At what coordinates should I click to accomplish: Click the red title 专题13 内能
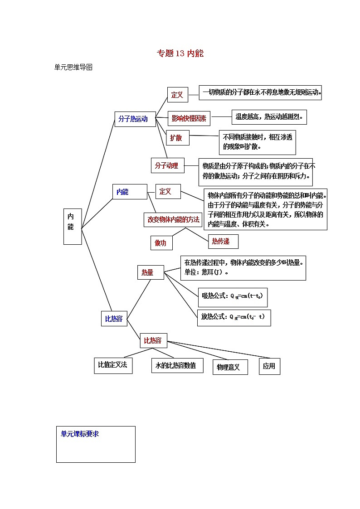click(x=180, y=53)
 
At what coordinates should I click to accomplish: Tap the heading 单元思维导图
click(x=73, y=68)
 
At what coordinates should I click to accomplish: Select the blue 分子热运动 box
click(x=135, y=119)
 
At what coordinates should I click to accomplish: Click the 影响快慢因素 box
click(x=189, y=119)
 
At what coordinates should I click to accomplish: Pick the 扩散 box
click(x=177, y=138)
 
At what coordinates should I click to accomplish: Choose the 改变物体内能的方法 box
click(x=173, y=219)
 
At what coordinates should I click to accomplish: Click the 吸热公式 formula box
click(x=232, y=296)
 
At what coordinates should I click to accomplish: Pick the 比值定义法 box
click(x=113, y=365)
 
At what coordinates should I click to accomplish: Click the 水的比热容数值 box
click(x=177, y=366)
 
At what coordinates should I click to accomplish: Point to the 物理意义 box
click(x=230, y=367)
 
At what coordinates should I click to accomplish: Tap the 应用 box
click(x=269, y=366)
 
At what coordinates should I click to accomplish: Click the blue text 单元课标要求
click(x=80, y=434)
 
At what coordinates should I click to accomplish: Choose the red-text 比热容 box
click(x=153, y=340)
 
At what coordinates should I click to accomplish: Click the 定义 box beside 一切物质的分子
click(x=177, y=95)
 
